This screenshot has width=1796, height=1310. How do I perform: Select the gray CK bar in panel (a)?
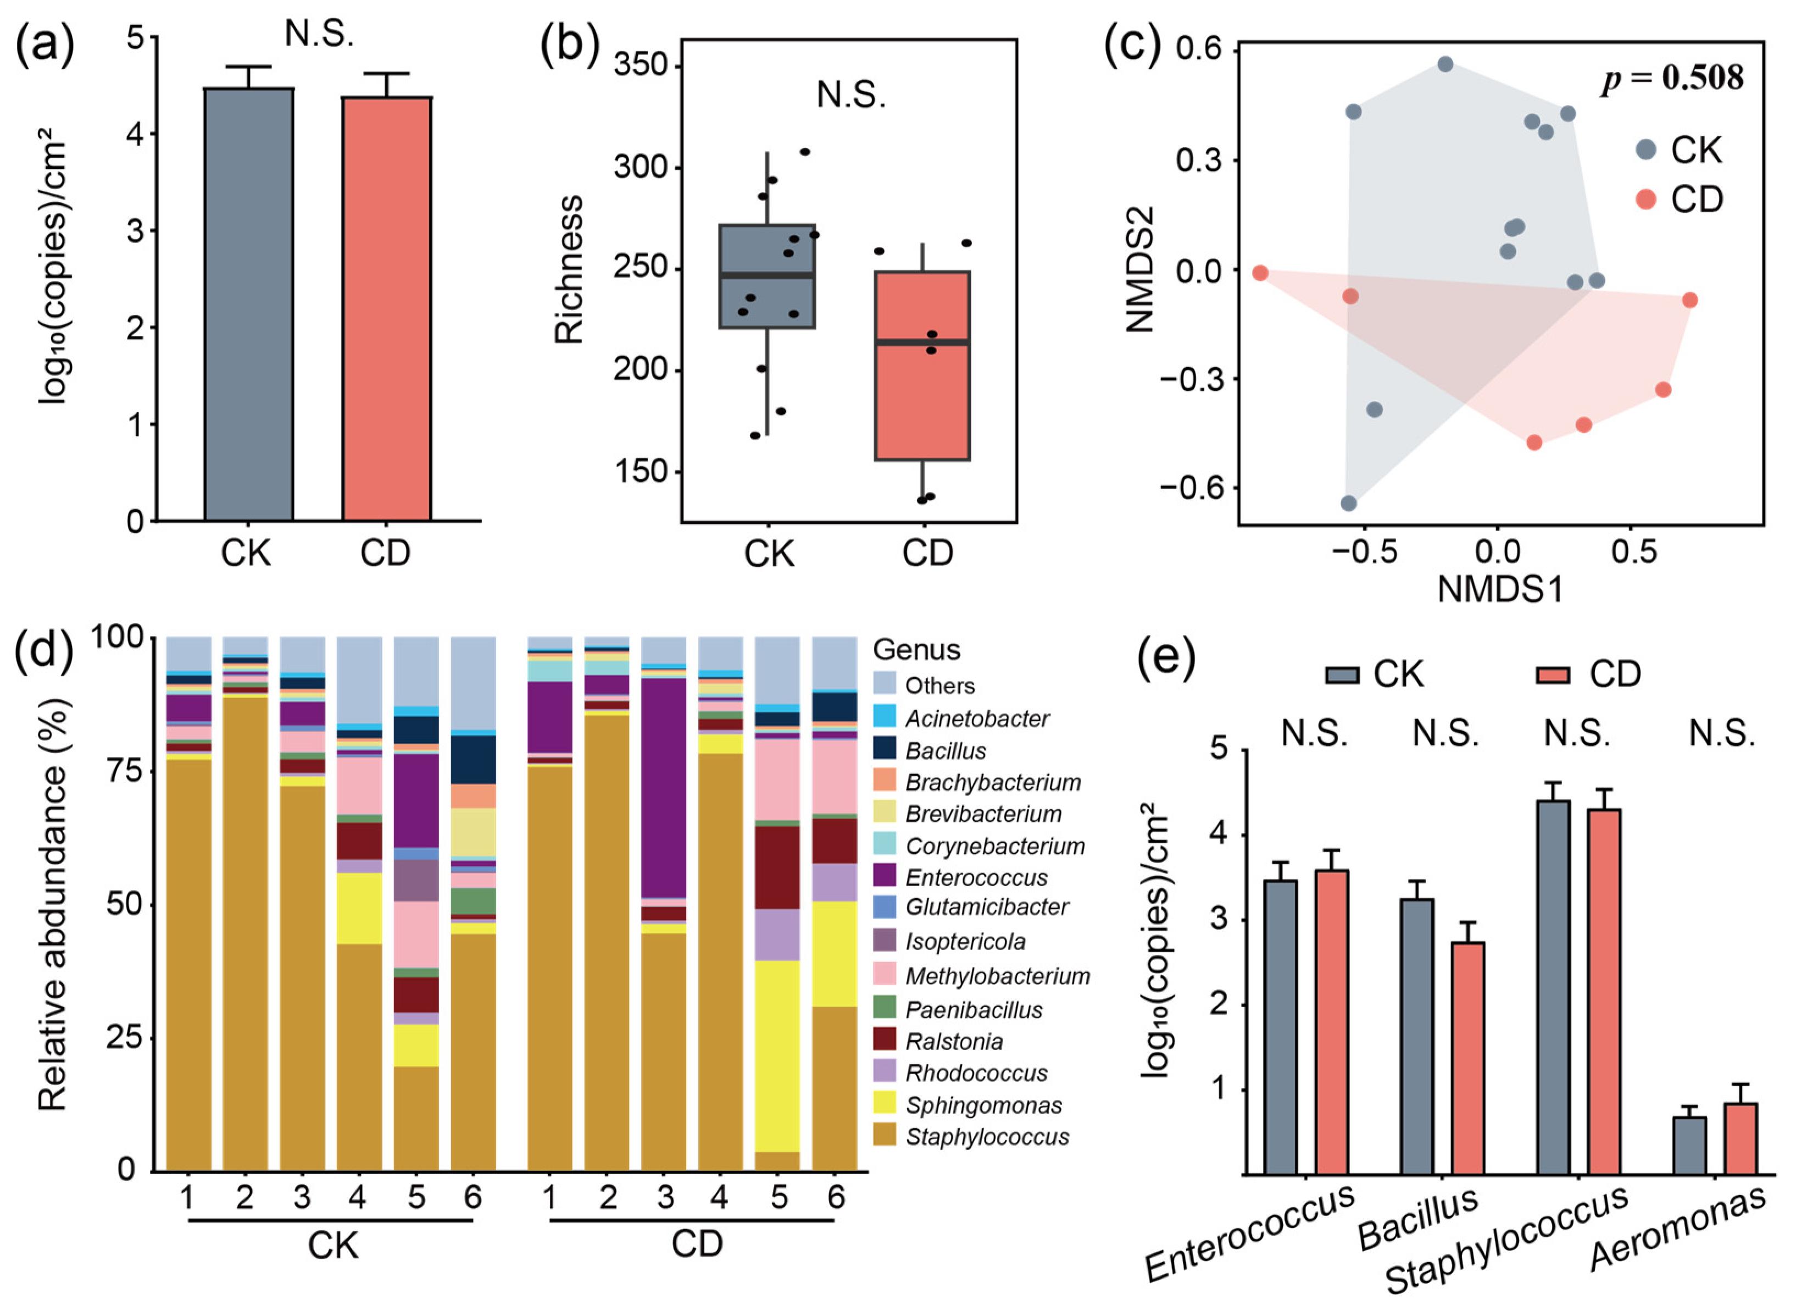(x=248, y=305)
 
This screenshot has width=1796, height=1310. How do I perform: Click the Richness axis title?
(x=569, y=269)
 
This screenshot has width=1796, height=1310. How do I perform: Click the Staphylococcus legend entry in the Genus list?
(x=986, y=1137)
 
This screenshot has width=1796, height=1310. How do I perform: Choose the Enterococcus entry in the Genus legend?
(x=976, y=878)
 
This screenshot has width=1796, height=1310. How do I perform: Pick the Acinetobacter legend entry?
(x=976, y=718)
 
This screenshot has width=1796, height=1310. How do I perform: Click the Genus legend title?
(x=916, y=650)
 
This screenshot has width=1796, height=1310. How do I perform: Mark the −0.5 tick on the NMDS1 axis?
(x=1364, y=552)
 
